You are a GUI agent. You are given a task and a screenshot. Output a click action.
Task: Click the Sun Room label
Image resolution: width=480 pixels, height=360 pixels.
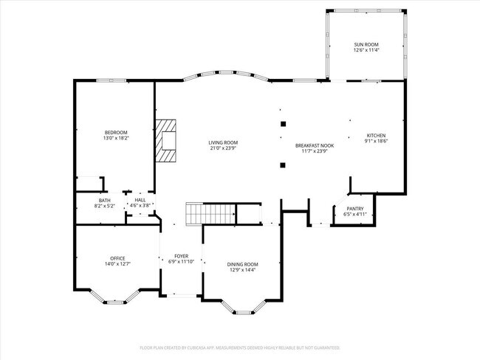[366, 46]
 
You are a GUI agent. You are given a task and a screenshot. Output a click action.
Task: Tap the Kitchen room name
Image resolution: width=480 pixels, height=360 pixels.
[376, 136]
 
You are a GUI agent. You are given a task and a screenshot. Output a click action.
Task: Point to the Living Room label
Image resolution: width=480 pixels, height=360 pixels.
[222, 142]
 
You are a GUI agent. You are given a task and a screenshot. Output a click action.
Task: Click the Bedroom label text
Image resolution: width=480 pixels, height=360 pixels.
[115, 132]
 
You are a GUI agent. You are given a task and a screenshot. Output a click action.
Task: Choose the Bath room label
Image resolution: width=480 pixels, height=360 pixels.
[104, 200]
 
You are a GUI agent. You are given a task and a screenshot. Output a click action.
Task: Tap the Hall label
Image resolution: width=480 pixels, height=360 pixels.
[140, 200]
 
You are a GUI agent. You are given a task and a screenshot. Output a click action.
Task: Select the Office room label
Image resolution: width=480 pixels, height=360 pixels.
[117, 258]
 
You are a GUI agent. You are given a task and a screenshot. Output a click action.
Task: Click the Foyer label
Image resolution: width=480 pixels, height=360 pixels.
[181, 256]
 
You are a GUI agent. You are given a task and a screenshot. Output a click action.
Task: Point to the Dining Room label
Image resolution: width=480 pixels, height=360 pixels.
[241, 264]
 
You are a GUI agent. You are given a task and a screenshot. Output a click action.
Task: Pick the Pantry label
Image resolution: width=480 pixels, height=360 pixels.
[354, 210]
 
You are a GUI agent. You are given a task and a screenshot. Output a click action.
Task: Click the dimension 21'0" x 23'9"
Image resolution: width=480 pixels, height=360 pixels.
[222, 148]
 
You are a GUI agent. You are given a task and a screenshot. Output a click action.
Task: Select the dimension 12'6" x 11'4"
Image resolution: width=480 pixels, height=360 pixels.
[366, 52]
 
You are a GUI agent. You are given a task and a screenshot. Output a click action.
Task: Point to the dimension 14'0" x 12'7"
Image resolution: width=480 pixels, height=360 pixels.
[117, 263]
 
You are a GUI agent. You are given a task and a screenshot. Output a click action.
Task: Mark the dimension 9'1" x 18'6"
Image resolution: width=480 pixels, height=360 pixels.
[376, 142]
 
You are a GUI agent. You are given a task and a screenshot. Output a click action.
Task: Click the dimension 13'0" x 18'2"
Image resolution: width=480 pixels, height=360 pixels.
[115, 138]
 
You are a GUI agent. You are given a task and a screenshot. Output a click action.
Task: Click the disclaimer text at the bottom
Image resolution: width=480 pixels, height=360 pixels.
[240, 346]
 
